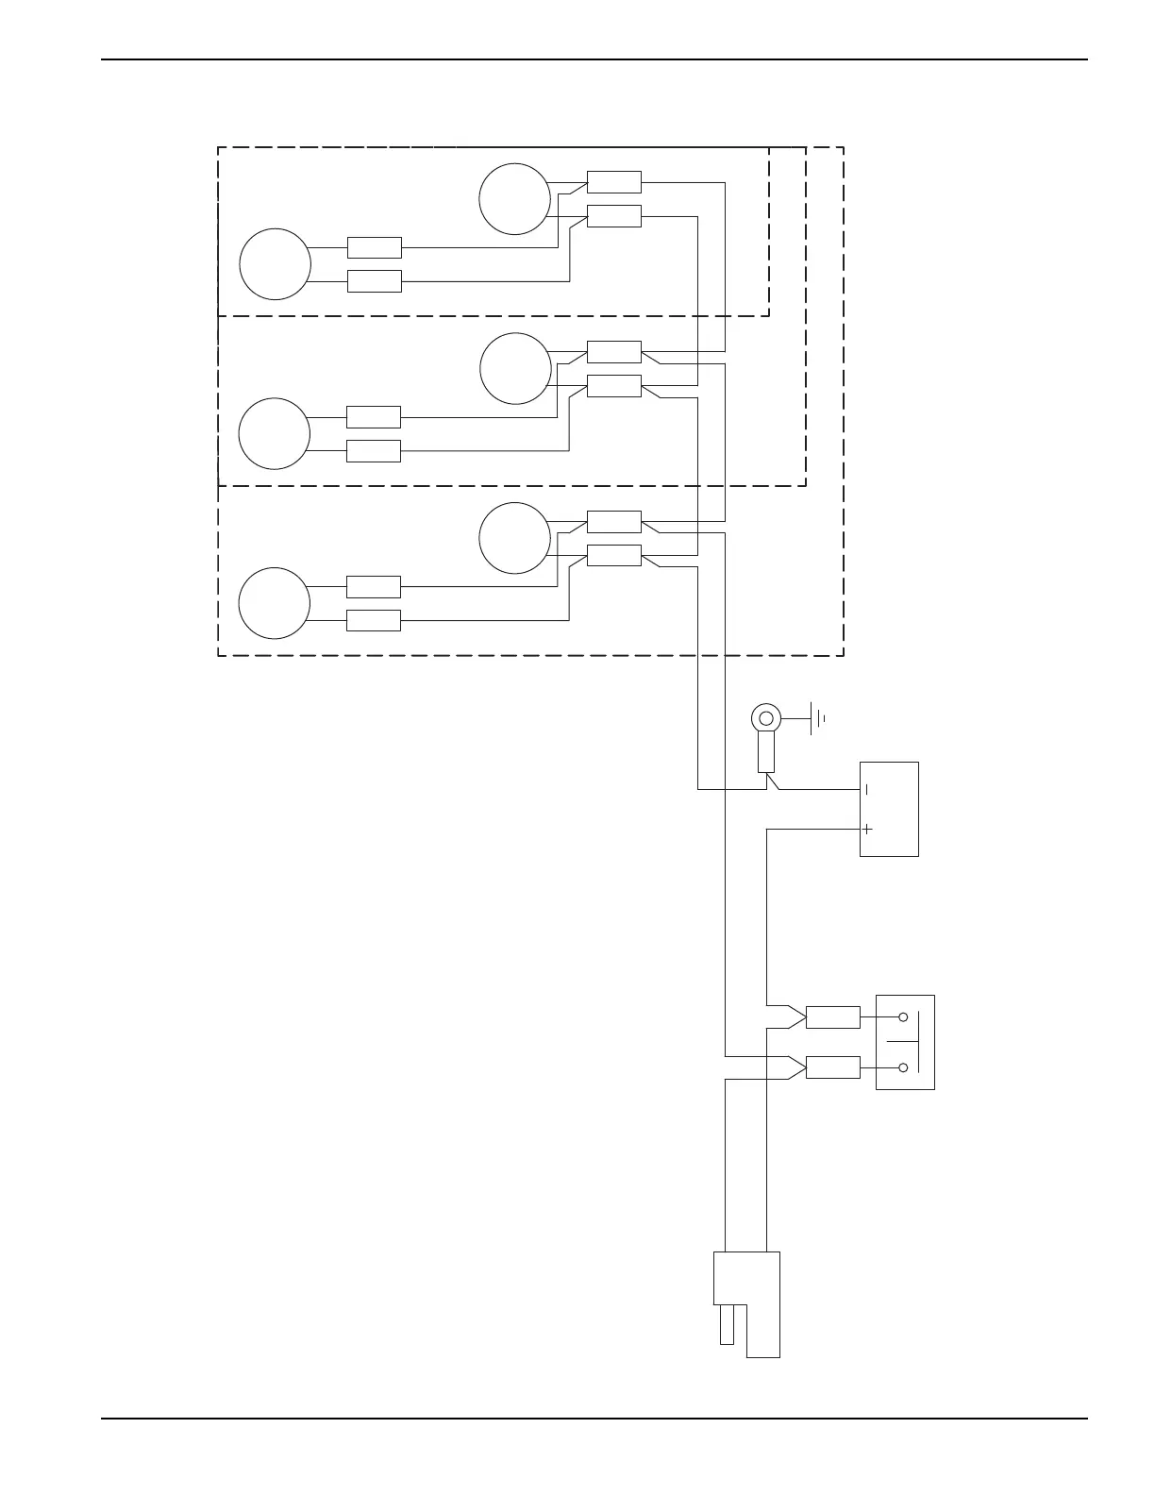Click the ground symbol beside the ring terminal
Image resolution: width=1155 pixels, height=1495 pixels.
817,719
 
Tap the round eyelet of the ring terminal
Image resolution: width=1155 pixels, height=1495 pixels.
765,719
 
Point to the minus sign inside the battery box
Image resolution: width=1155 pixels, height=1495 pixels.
867,789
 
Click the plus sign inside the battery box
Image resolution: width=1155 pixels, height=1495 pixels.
867,829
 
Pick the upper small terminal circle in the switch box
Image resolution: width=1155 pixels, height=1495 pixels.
903,1017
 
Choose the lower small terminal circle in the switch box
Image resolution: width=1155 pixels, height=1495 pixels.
903,1067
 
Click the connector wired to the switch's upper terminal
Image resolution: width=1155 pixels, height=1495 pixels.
833,1017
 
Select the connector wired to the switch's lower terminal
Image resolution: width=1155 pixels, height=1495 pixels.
833,1067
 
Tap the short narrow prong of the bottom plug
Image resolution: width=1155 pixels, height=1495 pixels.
727,1324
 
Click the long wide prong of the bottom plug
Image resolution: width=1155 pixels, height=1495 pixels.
763,1331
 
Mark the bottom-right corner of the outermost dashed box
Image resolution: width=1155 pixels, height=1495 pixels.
843,655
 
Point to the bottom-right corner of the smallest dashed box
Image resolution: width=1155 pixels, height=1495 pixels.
769,316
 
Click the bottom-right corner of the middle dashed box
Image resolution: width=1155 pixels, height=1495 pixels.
806,486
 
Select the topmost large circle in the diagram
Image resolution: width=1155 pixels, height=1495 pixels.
514,199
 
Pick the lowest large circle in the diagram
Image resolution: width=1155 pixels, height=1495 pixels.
275,603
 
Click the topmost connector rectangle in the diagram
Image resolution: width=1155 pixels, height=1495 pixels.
614,182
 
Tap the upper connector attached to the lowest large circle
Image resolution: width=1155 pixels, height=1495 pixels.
374,586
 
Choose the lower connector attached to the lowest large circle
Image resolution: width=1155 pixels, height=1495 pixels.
374,620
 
